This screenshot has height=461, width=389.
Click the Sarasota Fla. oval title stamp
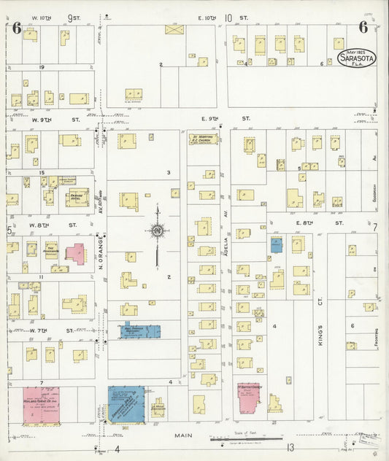pyautogui.click(x=356, y=58)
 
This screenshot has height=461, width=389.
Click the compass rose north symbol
pyautogui.click(x=156, y=231)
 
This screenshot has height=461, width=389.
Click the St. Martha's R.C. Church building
pyautogui.click(x=204, y=139)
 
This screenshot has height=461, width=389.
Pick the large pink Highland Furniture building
pyautogui.click(x=41, y=406)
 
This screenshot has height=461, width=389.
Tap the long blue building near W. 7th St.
pyautogui.click(x=140, y=331)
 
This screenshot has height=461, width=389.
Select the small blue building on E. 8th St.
pyautogui.click(x=277, y=245)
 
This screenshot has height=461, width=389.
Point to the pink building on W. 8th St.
pyautogui.click(x=75, y=253)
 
